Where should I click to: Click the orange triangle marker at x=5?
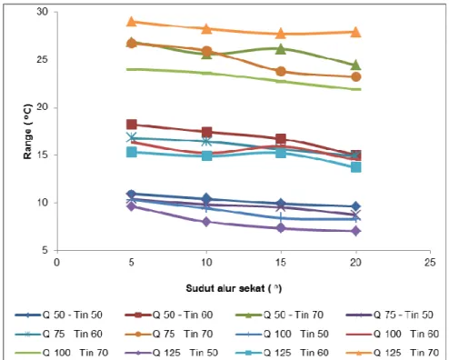[131, 22]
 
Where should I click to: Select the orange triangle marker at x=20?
[355, 32]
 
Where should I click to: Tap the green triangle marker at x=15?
[281, 49]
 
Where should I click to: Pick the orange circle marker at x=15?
[281, 72]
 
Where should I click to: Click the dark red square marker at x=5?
[132, 125]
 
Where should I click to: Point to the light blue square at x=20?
[356, 167]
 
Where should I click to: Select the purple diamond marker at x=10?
[206, 222]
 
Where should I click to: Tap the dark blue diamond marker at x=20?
[356, 206]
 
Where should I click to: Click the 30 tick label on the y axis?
[43, 12]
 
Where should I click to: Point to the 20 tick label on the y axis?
[43, 107]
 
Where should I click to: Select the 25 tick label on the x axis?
[430, 263]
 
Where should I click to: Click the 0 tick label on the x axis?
[56, 263]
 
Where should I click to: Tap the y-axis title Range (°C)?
[27, 132]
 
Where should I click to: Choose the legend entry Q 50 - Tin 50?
[59, 315]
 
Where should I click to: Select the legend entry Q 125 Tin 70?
[393, 353]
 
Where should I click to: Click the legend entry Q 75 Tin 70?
[169, 334]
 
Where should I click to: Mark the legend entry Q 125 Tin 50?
[171, 353]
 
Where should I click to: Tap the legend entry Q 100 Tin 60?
[393, 334]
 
